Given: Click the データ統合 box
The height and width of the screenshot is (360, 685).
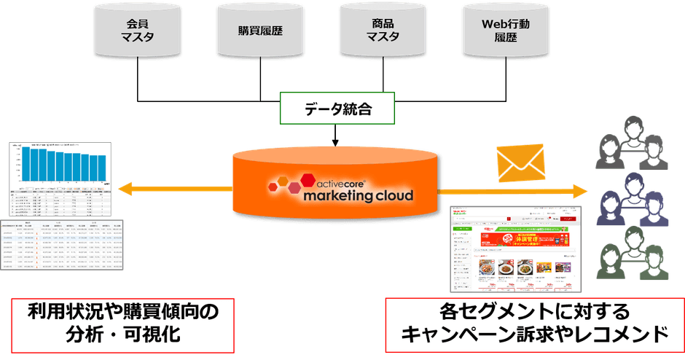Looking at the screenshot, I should tap(335, 110).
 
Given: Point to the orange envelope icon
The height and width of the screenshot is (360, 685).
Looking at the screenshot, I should tap(520, 161).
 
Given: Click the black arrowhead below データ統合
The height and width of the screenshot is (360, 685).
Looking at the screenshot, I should tap(335, 141).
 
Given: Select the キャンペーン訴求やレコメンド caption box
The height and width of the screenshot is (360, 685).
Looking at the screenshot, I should tap(534, 324).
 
